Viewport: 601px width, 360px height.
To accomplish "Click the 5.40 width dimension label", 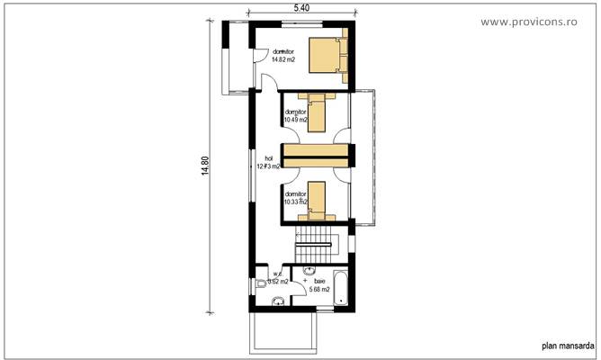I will (x=301, y=8).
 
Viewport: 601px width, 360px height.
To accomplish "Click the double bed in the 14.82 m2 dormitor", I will (x=325, y=55).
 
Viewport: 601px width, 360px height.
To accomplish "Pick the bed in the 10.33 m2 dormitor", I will (x=317, y=200).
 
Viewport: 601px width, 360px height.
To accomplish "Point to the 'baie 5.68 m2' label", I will (x=318, y=285).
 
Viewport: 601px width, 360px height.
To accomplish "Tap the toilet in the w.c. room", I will (x=260, y=284).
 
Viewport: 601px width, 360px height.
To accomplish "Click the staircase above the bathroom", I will (x=316, y=242).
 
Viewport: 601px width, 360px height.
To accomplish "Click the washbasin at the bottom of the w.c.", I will (x=278, y=301).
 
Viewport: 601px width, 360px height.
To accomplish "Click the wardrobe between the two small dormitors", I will (x=316, y=154).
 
